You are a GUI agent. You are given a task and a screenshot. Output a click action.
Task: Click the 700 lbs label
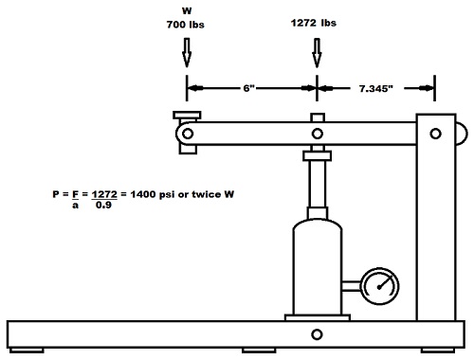point(186,25)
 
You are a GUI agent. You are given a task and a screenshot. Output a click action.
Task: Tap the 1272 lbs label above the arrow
point(314,23)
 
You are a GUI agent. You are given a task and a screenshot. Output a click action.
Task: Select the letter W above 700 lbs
point(187,10)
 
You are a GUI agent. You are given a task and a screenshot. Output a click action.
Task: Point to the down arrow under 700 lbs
point(187,53)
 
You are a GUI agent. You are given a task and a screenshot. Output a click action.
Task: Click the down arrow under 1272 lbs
point(317,53)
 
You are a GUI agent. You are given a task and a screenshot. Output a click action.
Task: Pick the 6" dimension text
point(249,88)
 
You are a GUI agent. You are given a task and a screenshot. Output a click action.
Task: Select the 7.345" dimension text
point(376,88)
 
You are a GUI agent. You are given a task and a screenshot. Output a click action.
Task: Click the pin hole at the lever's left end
point(188,134)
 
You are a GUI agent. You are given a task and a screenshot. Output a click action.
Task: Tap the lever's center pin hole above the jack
point(318,134)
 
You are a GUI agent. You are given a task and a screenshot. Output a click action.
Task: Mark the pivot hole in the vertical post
point(435,134)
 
